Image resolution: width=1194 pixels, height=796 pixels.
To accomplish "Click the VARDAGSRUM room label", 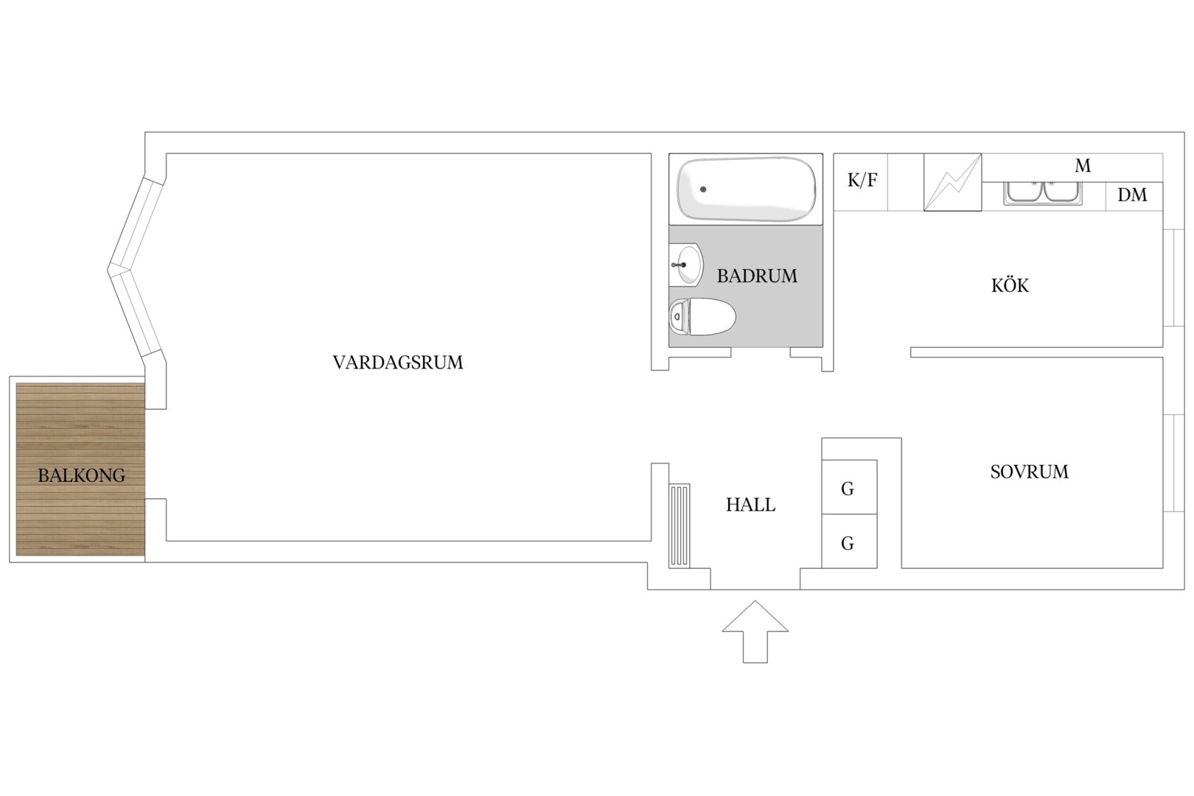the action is (398, 363).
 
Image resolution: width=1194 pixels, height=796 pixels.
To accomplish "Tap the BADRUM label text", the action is (757, 276).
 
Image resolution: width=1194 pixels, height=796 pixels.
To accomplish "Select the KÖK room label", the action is (1010, 285).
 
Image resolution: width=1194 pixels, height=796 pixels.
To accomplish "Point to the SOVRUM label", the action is (1030, 472).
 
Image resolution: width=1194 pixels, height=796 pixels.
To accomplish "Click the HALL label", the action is (750, 505).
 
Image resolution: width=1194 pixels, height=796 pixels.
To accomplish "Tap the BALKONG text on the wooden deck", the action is (82, 475).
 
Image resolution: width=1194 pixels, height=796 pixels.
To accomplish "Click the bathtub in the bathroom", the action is (746, 189).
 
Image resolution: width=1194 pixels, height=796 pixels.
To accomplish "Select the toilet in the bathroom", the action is (702, 317).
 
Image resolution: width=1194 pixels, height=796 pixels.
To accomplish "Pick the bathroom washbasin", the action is (686, 265).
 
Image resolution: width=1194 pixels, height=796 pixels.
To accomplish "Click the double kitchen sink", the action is (1043, 193).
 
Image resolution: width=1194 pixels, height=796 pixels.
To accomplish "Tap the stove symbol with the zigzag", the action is (952, 182).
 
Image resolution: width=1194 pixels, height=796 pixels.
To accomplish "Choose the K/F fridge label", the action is (862, 181).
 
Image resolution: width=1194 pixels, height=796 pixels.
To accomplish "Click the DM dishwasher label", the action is (1132, 195).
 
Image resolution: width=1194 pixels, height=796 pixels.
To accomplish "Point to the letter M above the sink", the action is (1083, 166).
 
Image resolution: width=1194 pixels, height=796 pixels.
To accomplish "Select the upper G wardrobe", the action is (849, 486).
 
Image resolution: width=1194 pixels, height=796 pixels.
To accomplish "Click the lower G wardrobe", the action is (849, 541).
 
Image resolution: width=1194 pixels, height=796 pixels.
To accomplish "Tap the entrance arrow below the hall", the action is (755, 632).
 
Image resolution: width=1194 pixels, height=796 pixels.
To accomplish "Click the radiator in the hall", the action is (680, 526).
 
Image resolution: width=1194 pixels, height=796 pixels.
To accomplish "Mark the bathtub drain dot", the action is (703, 189).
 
